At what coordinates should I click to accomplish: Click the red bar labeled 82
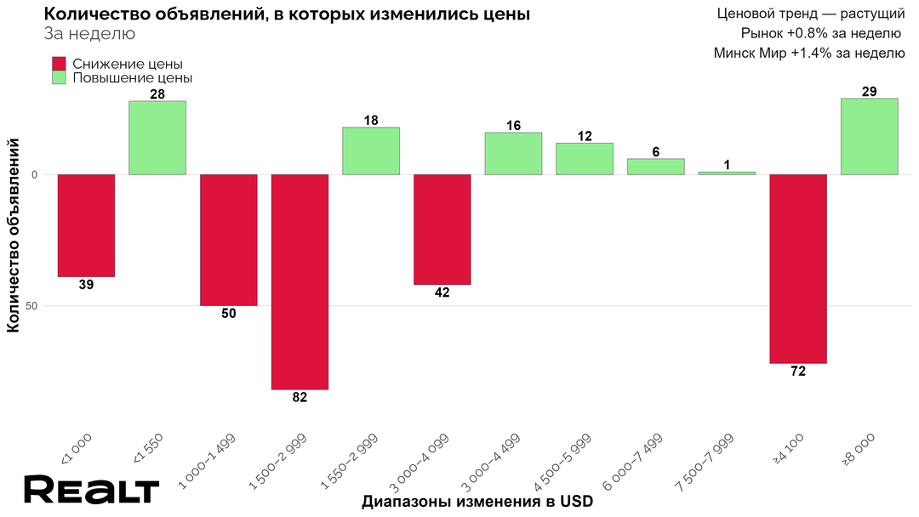300,281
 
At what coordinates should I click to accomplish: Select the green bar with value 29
869,137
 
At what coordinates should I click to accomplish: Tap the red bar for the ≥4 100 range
798,269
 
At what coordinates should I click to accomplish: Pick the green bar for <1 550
157,138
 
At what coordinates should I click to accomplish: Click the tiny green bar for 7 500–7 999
727,173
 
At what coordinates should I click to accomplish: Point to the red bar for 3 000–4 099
442,230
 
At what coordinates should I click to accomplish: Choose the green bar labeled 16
513,154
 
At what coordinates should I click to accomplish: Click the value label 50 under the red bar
228,314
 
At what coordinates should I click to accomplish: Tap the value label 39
86,285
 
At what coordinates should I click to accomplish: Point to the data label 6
655,151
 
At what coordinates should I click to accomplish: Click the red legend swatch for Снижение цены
59,64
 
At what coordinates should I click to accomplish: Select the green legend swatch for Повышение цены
59,77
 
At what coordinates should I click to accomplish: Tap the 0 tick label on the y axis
36,175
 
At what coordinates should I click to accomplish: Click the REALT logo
91,491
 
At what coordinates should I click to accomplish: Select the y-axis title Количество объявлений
14,238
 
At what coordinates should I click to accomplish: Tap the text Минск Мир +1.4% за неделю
808,53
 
